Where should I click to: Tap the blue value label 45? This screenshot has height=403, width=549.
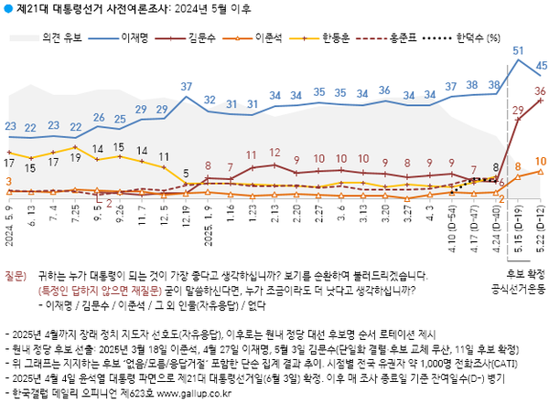pos(541,66)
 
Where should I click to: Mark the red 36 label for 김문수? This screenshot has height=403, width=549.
pos(540,90)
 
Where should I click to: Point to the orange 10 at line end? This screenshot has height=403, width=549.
pos(541,161)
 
